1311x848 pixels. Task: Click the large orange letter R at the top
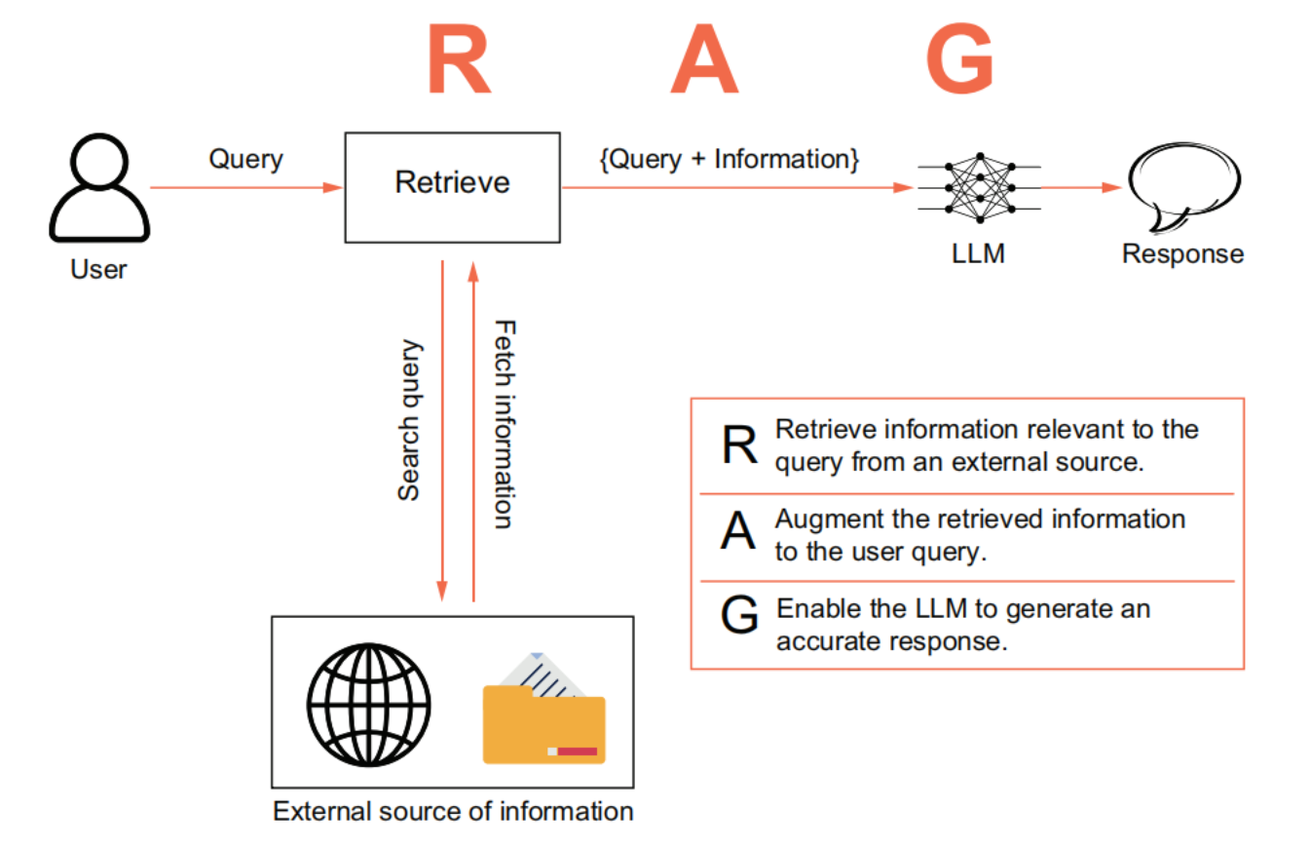click(458, 60)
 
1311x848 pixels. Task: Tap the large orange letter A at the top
click(704, 60)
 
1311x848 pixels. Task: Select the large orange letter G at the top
click(959, 60)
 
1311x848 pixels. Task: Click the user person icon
click(98, 189)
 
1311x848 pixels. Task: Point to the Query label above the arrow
click(245, 159)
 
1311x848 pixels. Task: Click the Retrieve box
click(452, 186)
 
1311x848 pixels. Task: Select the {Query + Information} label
click(730, 158)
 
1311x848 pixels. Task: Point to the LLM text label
click(978, 254)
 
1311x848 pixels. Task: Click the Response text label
click(1182, 254)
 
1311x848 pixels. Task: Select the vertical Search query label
click(410, 420)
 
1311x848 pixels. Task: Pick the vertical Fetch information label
click(503, 424)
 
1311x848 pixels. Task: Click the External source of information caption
click(453, 811)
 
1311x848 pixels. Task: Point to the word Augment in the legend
click(828, 519)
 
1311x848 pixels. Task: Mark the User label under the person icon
click(98, 269)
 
